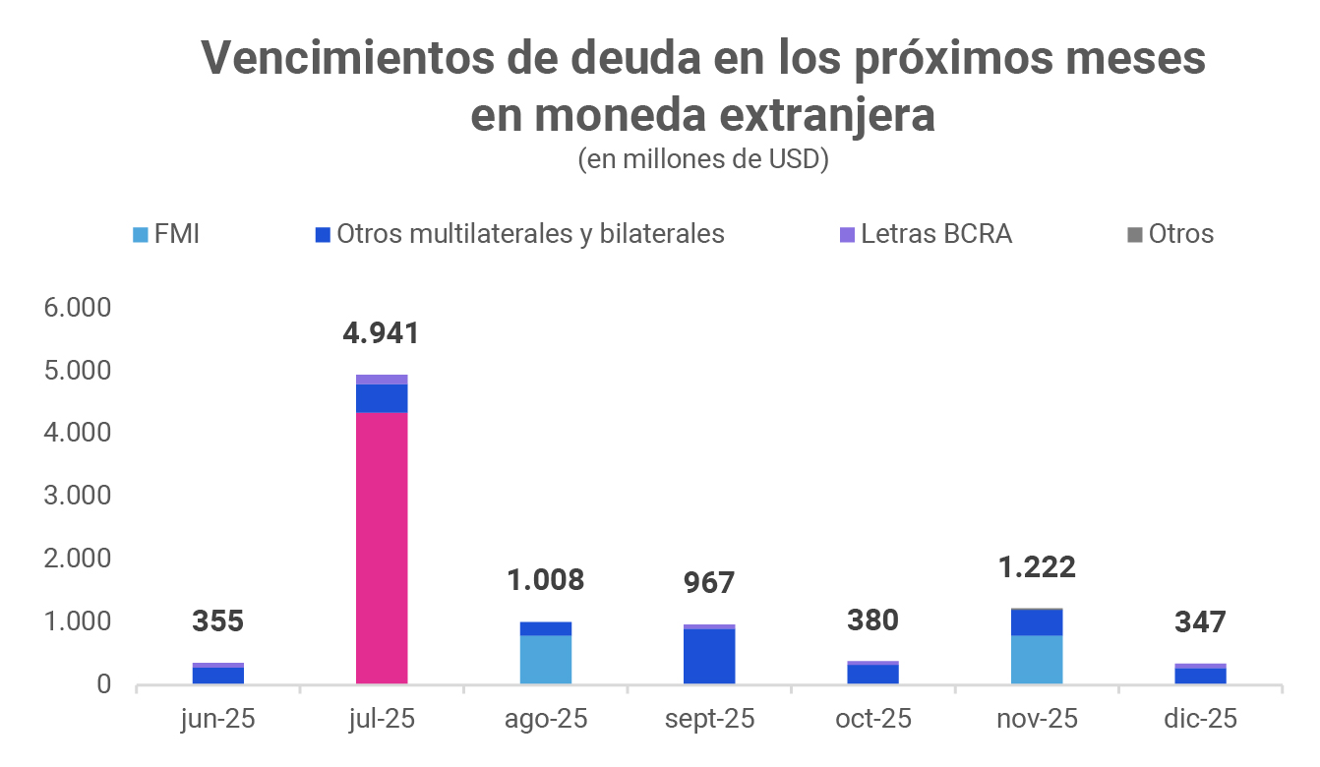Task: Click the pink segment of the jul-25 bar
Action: (382, 547)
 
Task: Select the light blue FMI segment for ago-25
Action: (546, 660)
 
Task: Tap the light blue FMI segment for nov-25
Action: (1037, 660)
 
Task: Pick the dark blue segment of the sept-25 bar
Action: (709, 656)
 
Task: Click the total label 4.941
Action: (381, 333)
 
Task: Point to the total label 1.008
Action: (546, 580)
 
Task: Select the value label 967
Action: (709, 583)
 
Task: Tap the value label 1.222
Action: (1037, 567)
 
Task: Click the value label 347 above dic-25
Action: (1200, 622)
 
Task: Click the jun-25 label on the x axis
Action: (218, 719)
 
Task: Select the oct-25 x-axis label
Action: (873, 719)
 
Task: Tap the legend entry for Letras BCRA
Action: (925, 234)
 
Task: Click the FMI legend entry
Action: (166, 234)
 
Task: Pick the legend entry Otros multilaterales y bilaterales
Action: (519, 234)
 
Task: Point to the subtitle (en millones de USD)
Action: (703, 159)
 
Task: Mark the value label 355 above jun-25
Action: (218, 622)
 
